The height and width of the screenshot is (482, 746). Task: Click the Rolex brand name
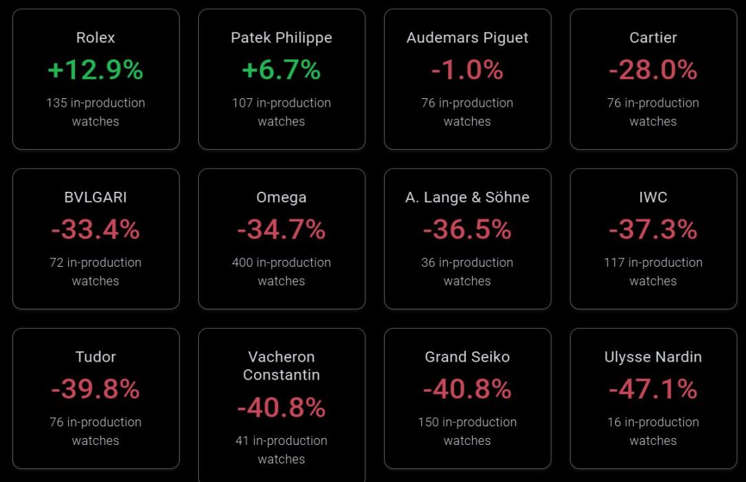[96, 38]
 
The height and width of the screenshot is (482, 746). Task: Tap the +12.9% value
[96, 70]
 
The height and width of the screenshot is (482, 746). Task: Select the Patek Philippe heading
[281, 38]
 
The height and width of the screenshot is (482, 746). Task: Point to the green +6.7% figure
[281, 70]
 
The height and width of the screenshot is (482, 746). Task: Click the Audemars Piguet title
[467, 38]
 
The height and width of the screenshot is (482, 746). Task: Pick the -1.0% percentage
[467, 70]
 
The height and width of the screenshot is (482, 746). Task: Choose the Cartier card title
[653, 38]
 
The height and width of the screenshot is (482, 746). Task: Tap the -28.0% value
[653, 70]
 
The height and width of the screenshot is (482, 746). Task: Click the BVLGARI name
[96, 197]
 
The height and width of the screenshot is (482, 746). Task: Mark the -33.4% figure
[96, 230]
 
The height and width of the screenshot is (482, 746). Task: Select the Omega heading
[281, 197]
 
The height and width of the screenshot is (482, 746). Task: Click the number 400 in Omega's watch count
[242, 263]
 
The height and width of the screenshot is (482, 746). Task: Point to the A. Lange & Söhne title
[467, 197]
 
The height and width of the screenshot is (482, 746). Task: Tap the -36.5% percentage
[467, 230]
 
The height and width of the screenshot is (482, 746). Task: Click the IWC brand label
[653, 197]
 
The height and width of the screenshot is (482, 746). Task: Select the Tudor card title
[96, 357]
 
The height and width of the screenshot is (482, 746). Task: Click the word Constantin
[281, 375]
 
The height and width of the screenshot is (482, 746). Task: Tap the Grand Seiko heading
[467, 357]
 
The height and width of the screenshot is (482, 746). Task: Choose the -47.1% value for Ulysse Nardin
[653, 389]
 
